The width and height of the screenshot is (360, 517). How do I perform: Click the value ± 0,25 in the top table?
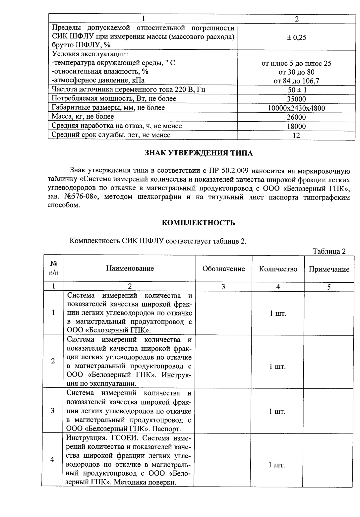tap(296, 37)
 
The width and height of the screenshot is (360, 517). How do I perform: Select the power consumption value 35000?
tap(296, 99)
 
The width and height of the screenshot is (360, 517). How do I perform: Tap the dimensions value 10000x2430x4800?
tap(296, 108)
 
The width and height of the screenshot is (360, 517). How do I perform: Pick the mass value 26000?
tap(296, 117)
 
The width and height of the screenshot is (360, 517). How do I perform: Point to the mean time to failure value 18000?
tap(296, 126)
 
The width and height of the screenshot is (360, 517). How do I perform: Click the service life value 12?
tap(296, 135)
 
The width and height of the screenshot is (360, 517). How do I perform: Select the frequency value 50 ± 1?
tap(296, 90)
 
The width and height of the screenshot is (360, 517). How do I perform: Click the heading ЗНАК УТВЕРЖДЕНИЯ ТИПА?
tap(199, 153)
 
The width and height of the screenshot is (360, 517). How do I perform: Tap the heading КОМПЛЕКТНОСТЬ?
tap(198, 223)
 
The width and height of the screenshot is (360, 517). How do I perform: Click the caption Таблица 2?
tap(329, 251)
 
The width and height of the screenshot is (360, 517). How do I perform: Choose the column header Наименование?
tap(130, 268)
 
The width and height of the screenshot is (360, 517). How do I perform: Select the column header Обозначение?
tap(223, 269)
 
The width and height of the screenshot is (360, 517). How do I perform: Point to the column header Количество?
tap(278, 269)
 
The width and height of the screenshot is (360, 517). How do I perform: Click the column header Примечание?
tap(329, 269)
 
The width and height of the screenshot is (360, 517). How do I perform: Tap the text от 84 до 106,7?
tap(296, 81)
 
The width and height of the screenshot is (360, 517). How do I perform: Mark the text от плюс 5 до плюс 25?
tap(296, 63)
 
